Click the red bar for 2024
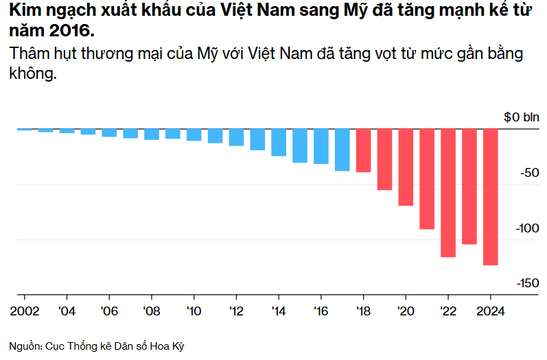pos(490,197)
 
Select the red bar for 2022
pos(448,193)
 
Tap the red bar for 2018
pos(363,150)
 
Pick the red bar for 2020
pos(406,167)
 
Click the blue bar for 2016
pos(321,146)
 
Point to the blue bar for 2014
pos(279,142)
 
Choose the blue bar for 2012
pos(236,137)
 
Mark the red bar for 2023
pos(469,187)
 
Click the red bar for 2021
pos(427,179)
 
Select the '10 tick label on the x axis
pos(194,310)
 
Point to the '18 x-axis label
pos(363,310)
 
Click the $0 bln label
pos(522,117)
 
